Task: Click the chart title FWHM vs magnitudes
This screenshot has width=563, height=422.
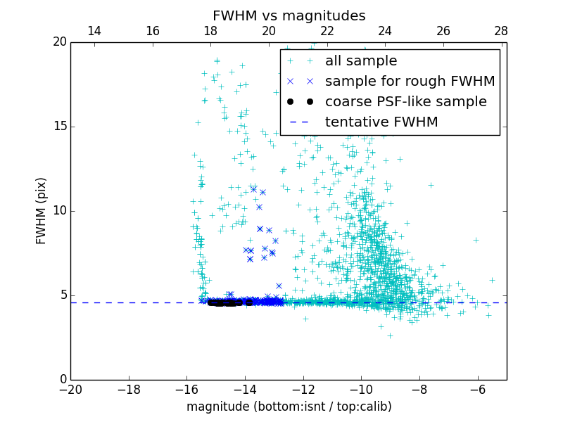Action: coord(289,15)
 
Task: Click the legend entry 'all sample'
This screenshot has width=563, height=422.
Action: coord(360,61)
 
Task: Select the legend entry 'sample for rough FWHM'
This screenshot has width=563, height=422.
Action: coord(410,82)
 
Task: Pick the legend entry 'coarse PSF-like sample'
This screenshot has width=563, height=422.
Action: coord(405,102)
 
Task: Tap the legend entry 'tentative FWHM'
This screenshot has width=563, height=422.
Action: coord(381,122)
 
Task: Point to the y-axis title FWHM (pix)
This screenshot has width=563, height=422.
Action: coord(42,211)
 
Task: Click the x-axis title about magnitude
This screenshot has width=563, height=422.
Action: coord(289,407)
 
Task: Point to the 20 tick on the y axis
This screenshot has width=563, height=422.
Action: coord(59,42)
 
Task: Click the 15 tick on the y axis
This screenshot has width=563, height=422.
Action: coord(59,127)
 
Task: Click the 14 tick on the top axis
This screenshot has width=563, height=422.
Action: coord(94,31)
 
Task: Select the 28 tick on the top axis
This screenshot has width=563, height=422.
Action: coord(501,31)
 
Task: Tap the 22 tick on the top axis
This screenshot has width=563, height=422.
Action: coord(327,31)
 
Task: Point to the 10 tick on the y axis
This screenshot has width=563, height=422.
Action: coord(59,211)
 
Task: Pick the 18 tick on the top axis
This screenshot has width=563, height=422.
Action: coord(210,31)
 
